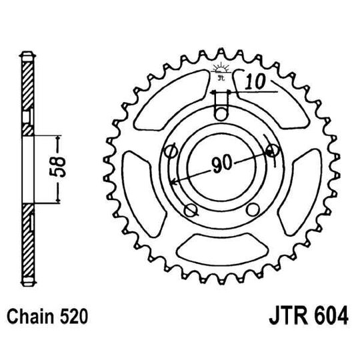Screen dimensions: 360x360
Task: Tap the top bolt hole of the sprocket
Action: click(220, 113)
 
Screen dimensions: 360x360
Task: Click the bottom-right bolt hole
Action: click(252, 211)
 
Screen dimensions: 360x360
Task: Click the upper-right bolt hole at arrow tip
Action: click(271, 151)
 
